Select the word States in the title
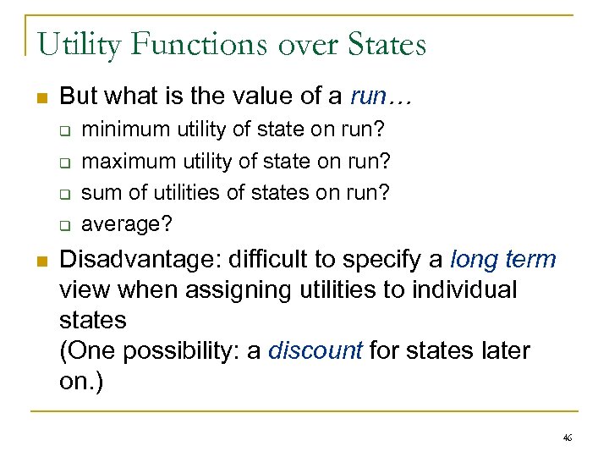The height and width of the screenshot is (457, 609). tap(385, 44)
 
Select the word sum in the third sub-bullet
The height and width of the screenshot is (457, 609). tap(99, 192)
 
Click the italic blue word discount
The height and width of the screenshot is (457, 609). tap(315, 350)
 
